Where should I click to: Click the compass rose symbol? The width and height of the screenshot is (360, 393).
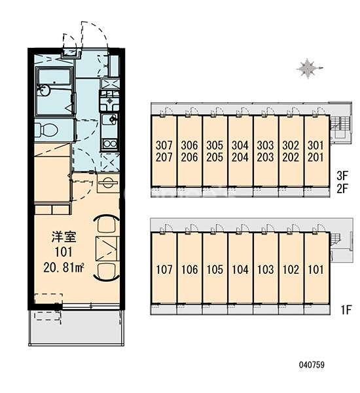point(308,68)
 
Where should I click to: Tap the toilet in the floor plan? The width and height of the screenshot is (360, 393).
point(46,130)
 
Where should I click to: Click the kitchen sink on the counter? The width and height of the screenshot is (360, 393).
point(110,119)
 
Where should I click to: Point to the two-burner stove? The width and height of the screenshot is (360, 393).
point(110,144)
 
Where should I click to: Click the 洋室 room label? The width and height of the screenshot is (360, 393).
point(63,237)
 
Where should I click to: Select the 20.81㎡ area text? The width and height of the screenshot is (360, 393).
point(63,267)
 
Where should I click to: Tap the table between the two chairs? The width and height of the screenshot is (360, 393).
point(107,248)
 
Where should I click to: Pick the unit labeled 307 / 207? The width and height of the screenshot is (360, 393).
point(164,151)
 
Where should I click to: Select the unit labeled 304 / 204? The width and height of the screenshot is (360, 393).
point(240,151)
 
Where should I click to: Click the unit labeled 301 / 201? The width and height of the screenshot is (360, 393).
point(316,151)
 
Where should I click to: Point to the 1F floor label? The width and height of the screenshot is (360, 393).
point(346,310)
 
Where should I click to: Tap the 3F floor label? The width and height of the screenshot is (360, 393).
point(342,176)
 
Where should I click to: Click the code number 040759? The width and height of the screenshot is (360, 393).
point(312,364)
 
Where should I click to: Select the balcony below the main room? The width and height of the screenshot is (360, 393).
point(76,327)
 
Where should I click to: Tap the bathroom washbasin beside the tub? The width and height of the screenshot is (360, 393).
point(44,90)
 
